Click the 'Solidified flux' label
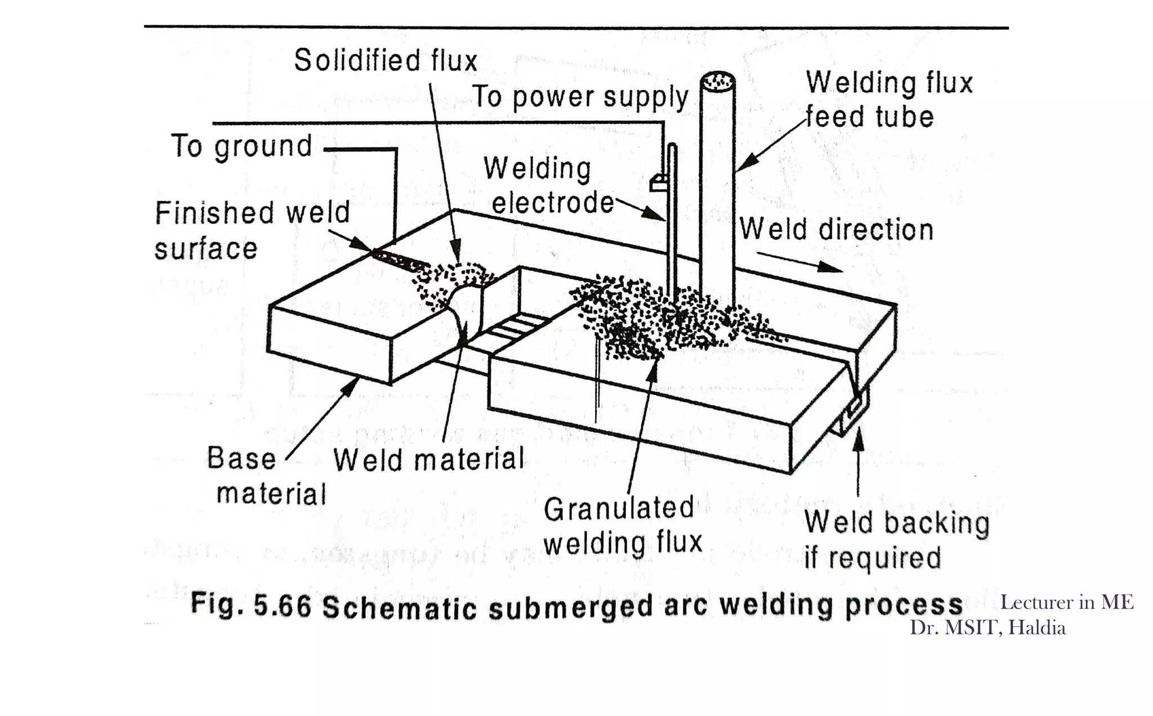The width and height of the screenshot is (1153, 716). (386, 60)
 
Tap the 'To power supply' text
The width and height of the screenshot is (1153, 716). (580, 97)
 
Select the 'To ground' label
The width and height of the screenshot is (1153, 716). (242, 146)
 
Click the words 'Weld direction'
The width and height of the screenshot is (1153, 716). (837, 230)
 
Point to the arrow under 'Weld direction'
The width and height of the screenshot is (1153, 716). (799, 262)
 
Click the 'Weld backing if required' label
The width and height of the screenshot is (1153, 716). (896, 540)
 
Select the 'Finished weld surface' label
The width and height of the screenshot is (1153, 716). (252, 231)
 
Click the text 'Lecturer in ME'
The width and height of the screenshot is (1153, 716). (1066, 602)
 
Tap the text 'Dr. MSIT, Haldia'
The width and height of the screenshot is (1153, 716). (987, 628)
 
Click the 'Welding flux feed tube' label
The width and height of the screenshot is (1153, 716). (889, 100)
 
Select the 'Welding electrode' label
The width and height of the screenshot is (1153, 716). (549, 186)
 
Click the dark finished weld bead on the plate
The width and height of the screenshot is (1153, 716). (400, 260)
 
